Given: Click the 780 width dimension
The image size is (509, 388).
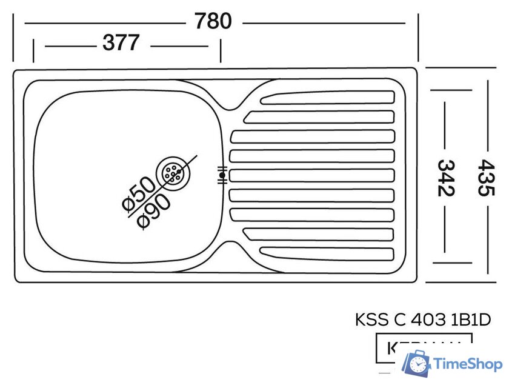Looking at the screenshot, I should point(213,21).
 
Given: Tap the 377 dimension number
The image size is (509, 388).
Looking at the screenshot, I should point(121,43).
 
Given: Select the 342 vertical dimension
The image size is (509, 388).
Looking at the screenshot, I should point(446,177).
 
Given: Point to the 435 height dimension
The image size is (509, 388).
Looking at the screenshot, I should point(486,177).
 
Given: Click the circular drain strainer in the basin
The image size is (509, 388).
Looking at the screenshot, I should point(173,173).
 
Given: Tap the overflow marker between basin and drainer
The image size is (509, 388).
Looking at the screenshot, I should point(222,175).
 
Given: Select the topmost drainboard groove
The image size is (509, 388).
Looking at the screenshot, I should point(327,98).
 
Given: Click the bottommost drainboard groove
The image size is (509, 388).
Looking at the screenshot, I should point(327,253).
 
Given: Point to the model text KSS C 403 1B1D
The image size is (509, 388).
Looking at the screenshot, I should point(422,319).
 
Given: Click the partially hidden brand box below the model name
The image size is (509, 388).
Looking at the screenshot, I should point(423,347).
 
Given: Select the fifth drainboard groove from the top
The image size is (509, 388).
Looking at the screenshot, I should point(312,175).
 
